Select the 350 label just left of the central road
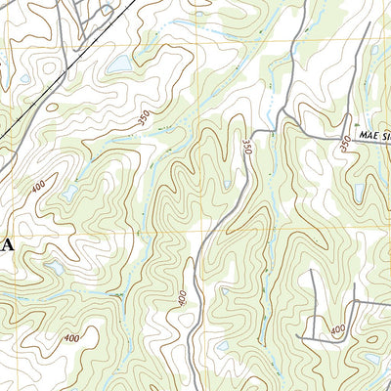246,148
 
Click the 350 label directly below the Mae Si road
344,144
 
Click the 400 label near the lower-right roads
338,332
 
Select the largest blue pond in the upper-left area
117,64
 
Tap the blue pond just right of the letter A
55,266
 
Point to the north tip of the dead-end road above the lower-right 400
313,272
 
